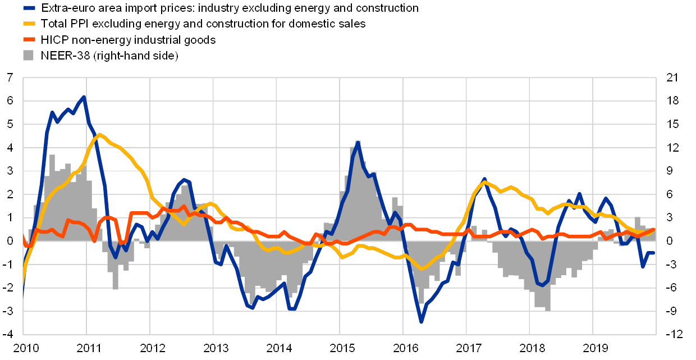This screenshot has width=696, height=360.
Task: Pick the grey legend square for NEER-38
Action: (29, 55)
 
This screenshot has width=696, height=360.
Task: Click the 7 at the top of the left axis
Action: (11, 78)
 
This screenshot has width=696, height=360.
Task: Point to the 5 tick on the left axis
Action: (11, 124)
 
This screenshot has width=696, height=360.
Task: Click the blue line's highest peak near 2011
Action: (84, 97)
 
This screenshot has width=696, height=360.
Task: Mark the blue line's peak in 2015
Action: (358, 143)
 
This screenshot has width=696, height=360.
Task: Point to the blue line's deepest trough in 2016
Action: (421, 322)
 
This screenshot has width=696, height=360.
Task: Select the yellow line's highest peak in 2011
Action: (100, 134)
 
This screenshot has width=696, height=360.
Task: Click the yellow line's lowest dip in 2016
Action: (422, 269)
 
